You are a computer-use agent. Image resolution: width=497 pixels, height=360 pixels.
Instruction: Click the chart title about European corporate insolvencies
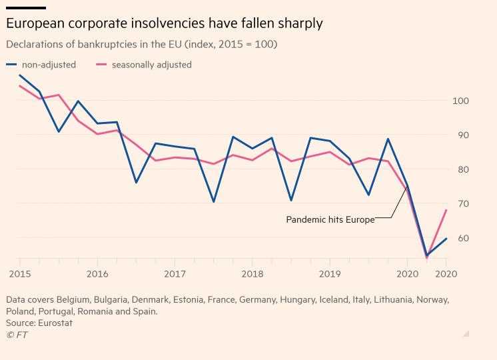165,23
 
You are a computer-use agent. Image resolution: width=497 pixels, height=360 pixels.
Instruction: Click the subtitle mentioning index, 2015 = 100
142,45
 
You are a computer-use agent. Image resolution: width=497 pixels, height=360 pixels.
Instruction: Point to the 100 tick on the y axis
461,101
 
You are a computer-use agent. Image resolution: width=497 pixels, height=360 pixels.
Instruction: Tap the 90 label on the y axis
461,135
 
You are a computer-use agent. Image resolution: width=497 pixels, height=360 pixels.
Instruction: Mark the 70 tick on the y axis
461,204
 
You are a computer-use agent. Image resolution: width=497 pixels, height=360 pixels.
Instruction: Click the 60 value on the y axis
461,238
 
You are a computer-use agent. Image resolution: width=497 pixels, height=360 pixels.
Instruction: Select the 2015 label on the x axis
19,273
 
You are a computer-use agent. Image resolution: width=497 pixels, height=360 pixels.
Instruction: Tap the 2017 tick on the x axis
175,273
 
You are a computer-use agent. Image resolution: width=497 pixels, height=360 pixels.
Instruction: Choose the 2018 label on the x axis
252,273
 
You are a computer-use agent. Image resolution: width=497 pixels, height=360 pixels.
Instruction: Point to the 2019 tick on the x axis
330,273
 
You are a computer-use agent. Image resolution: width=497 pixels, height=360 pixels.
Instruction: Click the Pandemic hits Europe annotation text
330,219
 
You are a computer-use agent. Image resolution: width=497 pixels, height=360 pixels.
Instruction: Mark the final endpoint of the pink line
446,210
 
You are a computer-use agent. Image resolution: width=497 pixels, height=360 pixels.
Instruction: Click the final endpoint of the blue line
446,238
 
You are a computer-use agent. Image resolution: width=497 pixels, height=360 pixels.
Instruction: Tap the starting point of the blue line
19,75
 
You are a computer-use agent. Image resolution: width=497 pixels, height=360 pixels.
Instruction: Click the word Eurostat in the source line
55,323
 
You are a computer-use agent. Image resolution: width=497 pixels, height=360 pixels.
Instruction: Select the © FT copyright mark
17,334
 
